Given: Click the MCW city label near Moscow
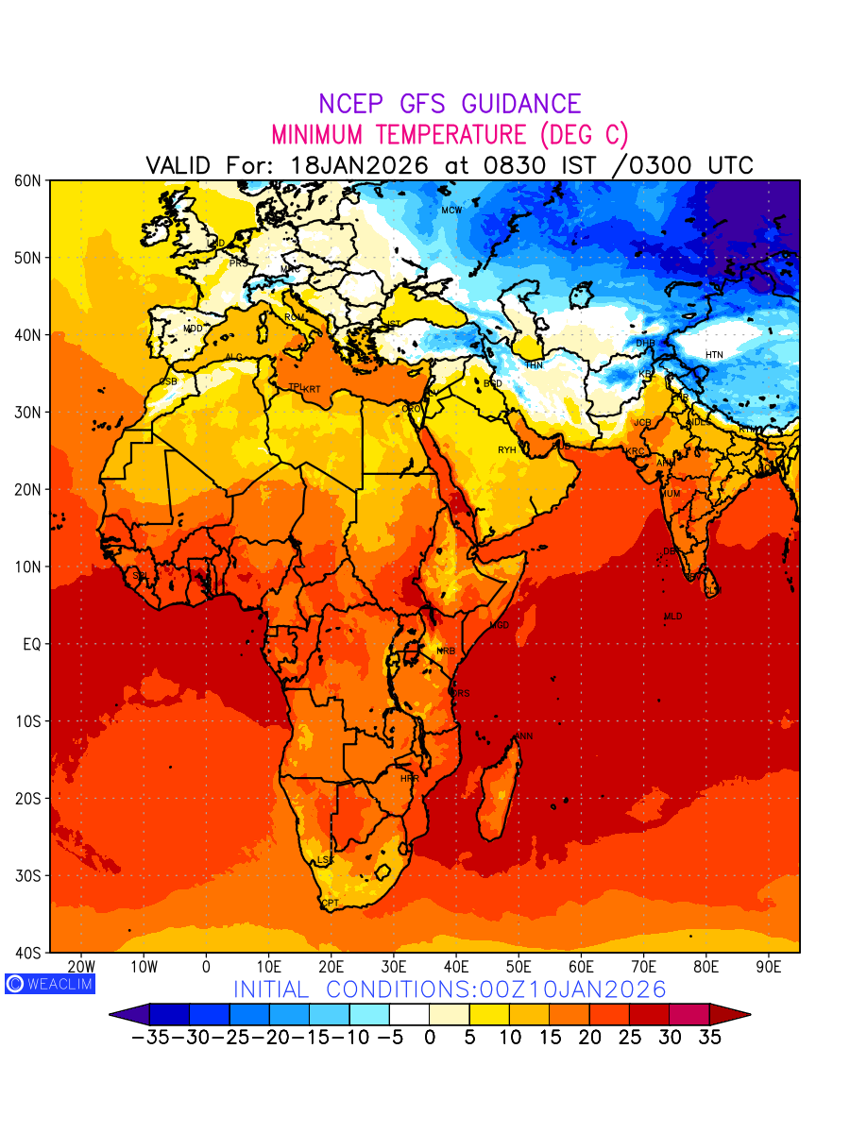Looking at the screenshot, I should tap(451, 210).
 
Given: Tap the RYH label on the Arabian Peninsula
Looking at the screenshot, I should tap(507, 450).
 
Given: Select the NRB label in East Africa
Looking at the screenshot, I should tap(446, 651).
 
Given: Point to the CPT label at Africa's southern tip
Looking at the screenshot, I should tap(330, 904).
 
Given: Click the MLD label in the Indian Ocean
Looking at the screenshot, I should tap(672, 617).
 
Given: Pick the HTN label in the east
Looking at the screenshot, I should tap(714, 355).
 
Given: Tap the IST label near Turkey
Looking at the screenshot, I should tap(393, 324).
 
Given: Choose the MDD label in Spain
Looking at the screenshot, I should tap(193, 329).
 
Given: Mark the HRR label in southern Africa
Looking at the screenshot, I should tap(409, 779).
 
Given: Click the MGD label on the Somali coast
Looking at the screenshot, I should tap(500, 626).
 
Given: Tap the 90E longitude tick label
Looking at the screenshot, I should tap(769, 967).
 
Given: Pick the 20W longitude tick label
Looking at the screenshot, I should tap(81, 967).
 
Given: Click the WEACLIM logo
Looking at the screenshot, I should tap(50, 983).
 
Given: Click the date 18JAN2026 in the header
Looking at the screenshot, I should tap(360, 165).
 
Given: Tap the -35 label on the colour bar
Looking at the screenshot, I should tap(149, 1038).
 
